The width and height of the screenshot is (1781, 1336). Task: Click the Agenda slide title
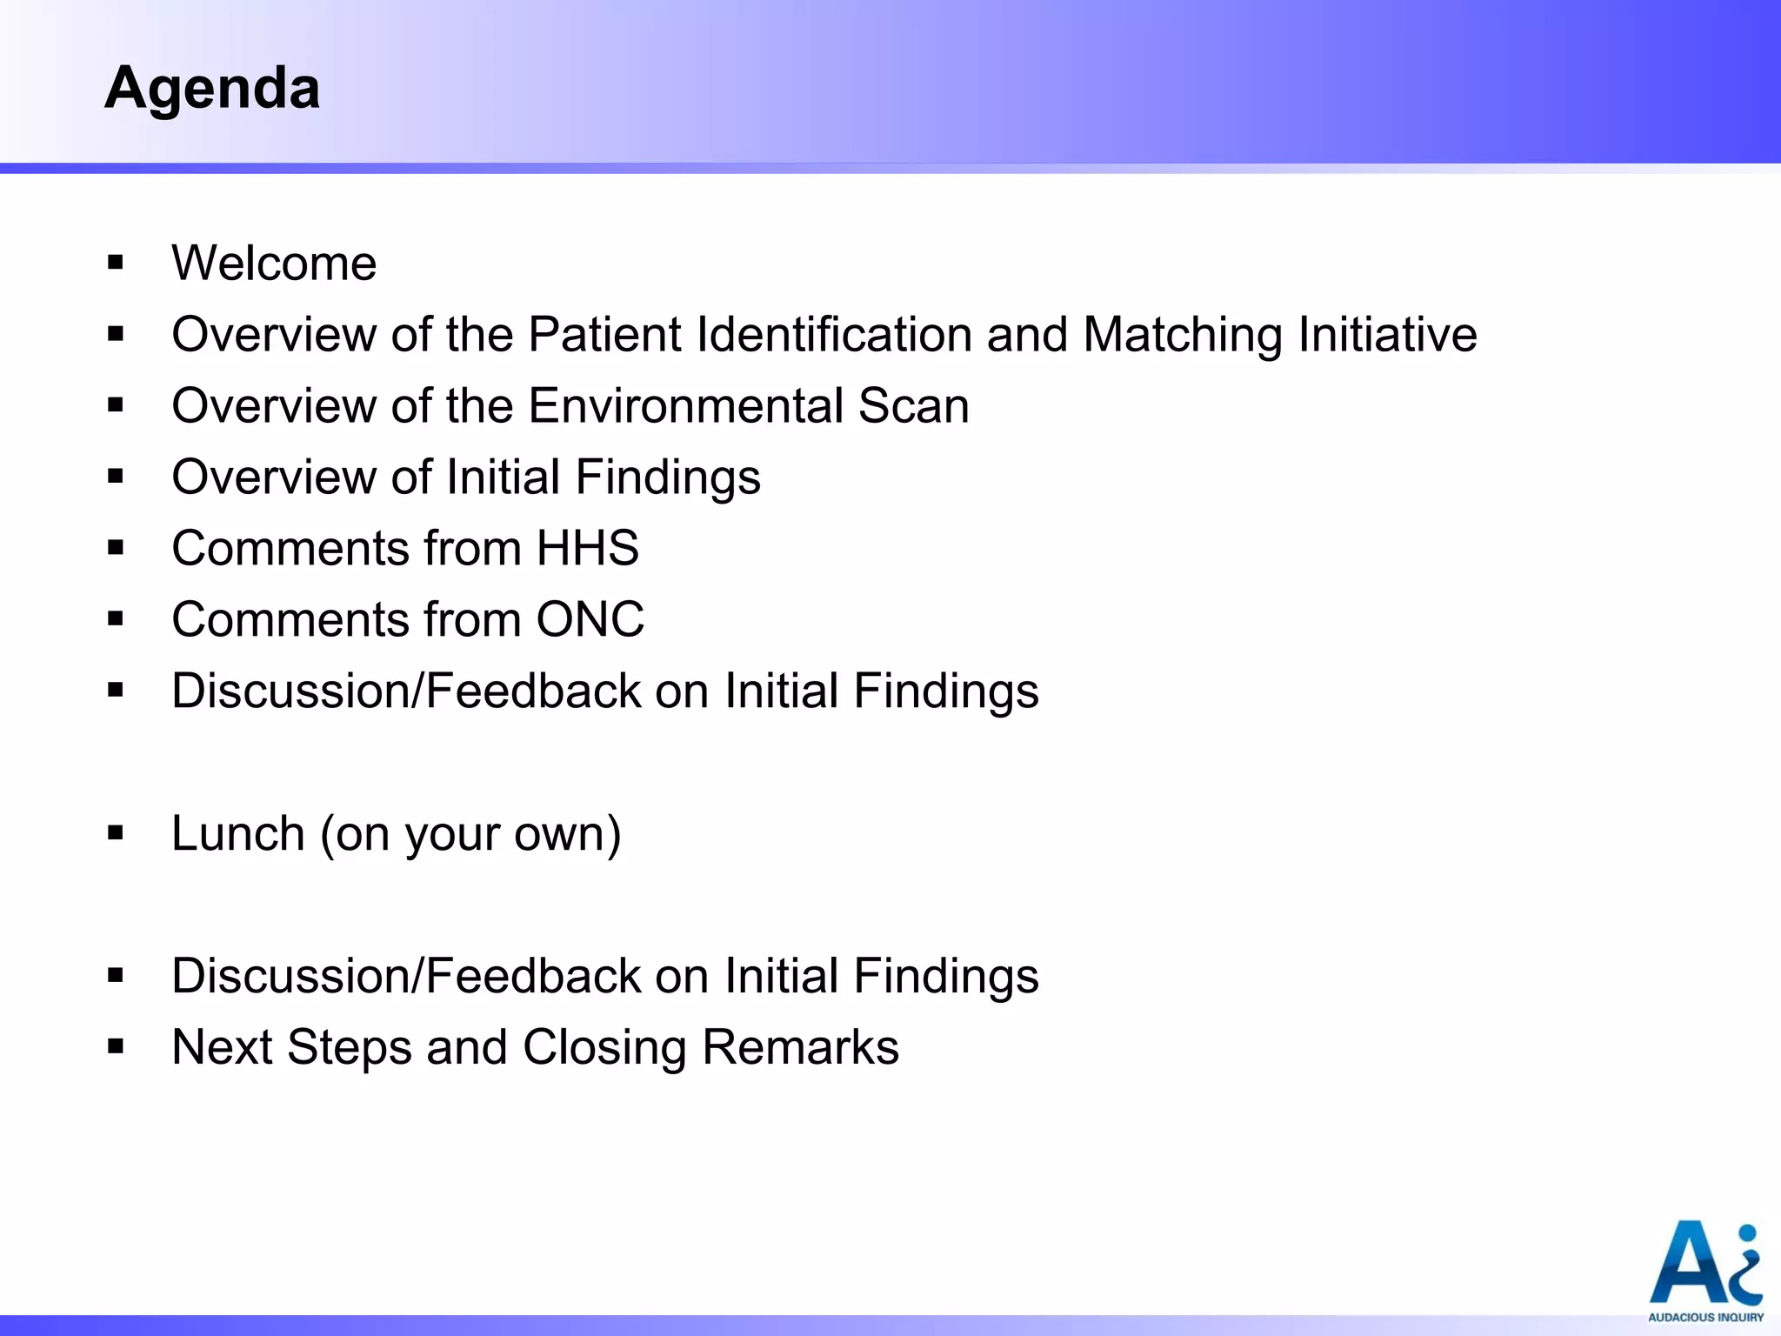coord(212,89)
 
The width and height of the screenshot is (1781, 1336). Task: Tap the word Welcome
coord(274,263)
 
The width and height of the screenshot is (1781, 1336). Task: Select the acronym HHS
coord(588,549)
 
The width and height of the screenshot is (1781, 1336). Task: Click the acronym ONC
coord(590,620)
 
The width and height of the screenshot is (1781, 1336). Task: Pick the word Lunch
coord(238,833)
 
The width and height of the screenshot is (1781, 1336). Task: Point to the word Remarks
coord(800,1047)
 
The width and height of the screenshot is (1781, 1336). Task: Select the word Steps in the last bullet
coord(349,1048)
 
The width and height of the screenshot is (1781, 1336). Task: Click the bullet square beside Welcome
coord(116,263)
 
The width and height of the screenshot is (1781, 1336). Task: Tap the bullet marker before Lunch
coord(116,833)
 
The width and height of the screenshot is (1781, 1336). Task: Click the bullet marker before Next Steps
coord(116,1047)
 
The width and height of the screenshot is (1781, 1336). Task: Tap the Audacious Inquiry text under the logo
coord(1705,1318)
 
